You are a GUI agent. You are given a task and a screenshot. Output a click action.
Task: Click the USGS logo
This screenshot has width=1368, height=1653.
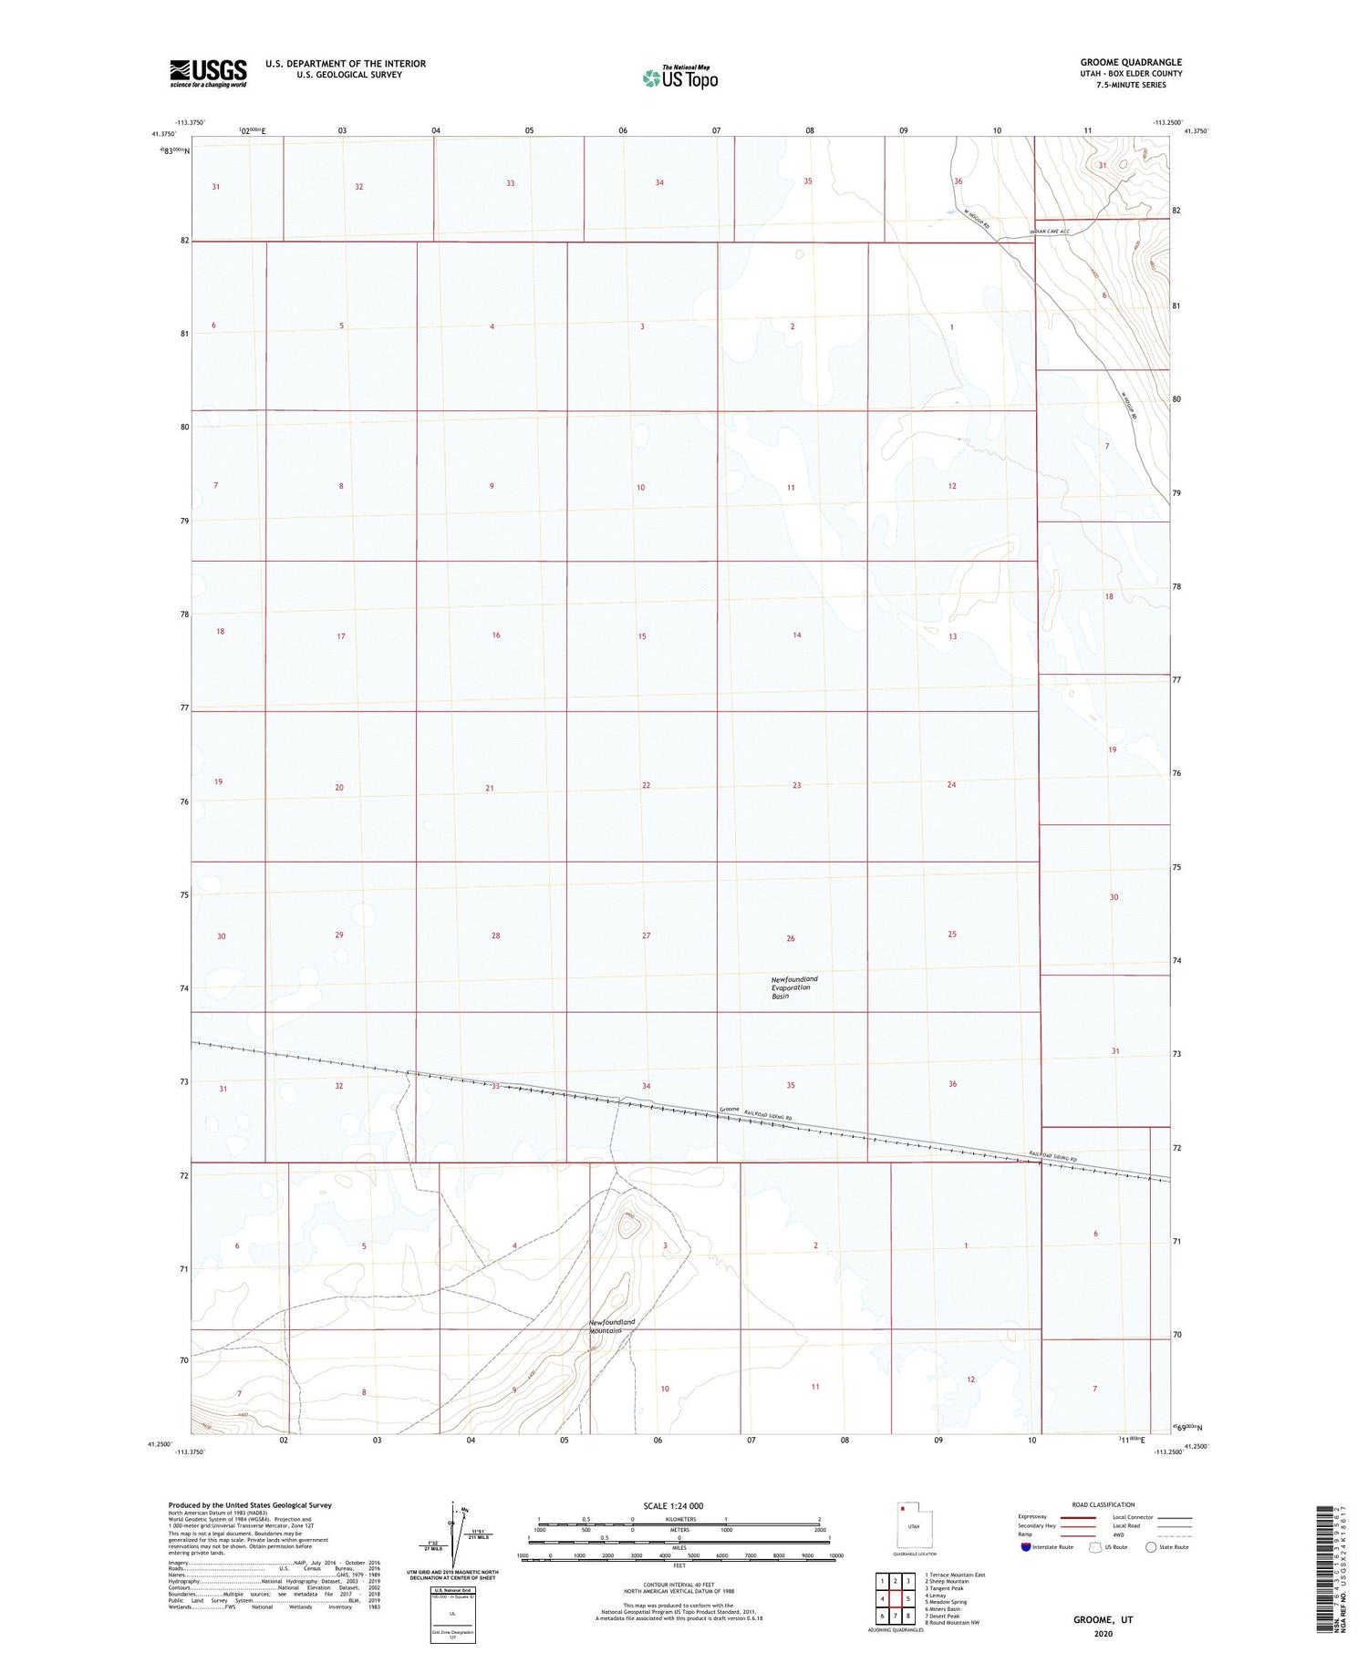pyautogui.click(x=208, y=73)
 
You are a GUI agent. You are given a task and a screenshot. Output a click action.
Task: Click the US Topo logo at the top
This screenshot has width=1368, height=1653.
pyautogui.click(x=680, y=78)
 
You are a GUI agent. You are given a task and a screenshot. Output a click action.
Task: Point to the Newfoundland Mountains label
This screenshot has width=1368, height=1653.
pyautogui.click(x=611, y=1326)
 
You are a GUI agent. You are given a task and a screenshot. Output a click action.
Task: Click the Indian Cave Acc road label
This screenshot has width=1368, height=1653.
pyautogui.click(x=1049, y=232)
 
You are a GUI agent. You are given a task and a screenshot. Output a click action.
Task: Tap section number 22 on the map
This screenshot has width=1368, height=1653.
pyautogui.click(x=646, y=785)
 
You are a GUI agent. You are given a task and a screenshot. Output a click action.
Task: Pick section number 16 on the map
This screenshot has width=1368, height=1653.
pyautogui.click(x=495, y=635)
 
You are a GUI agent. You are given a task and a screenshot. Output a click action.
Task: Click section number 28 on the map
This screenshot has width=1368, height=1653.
pyautogui.click(x=495, y=935)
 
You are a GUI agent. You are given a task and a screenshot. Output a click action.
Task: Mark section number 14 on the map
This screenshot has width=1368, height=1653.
pyautogui.click(x=796, y=635)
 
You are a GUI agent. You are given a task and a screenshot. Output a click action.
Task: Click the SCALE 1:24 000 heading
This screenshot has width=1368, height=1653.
pyautogui.click(x=673, y=1505)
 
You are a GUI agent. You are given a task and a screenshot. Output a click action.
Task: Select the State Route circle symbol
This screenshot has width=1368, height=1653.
pyautogui.click(x=1152, y=1547)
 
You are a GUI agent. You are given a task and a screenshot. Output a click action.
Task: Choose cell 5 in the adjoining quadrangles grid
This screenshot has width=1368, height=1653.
pyautogui.click(x=908, y=1598)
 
